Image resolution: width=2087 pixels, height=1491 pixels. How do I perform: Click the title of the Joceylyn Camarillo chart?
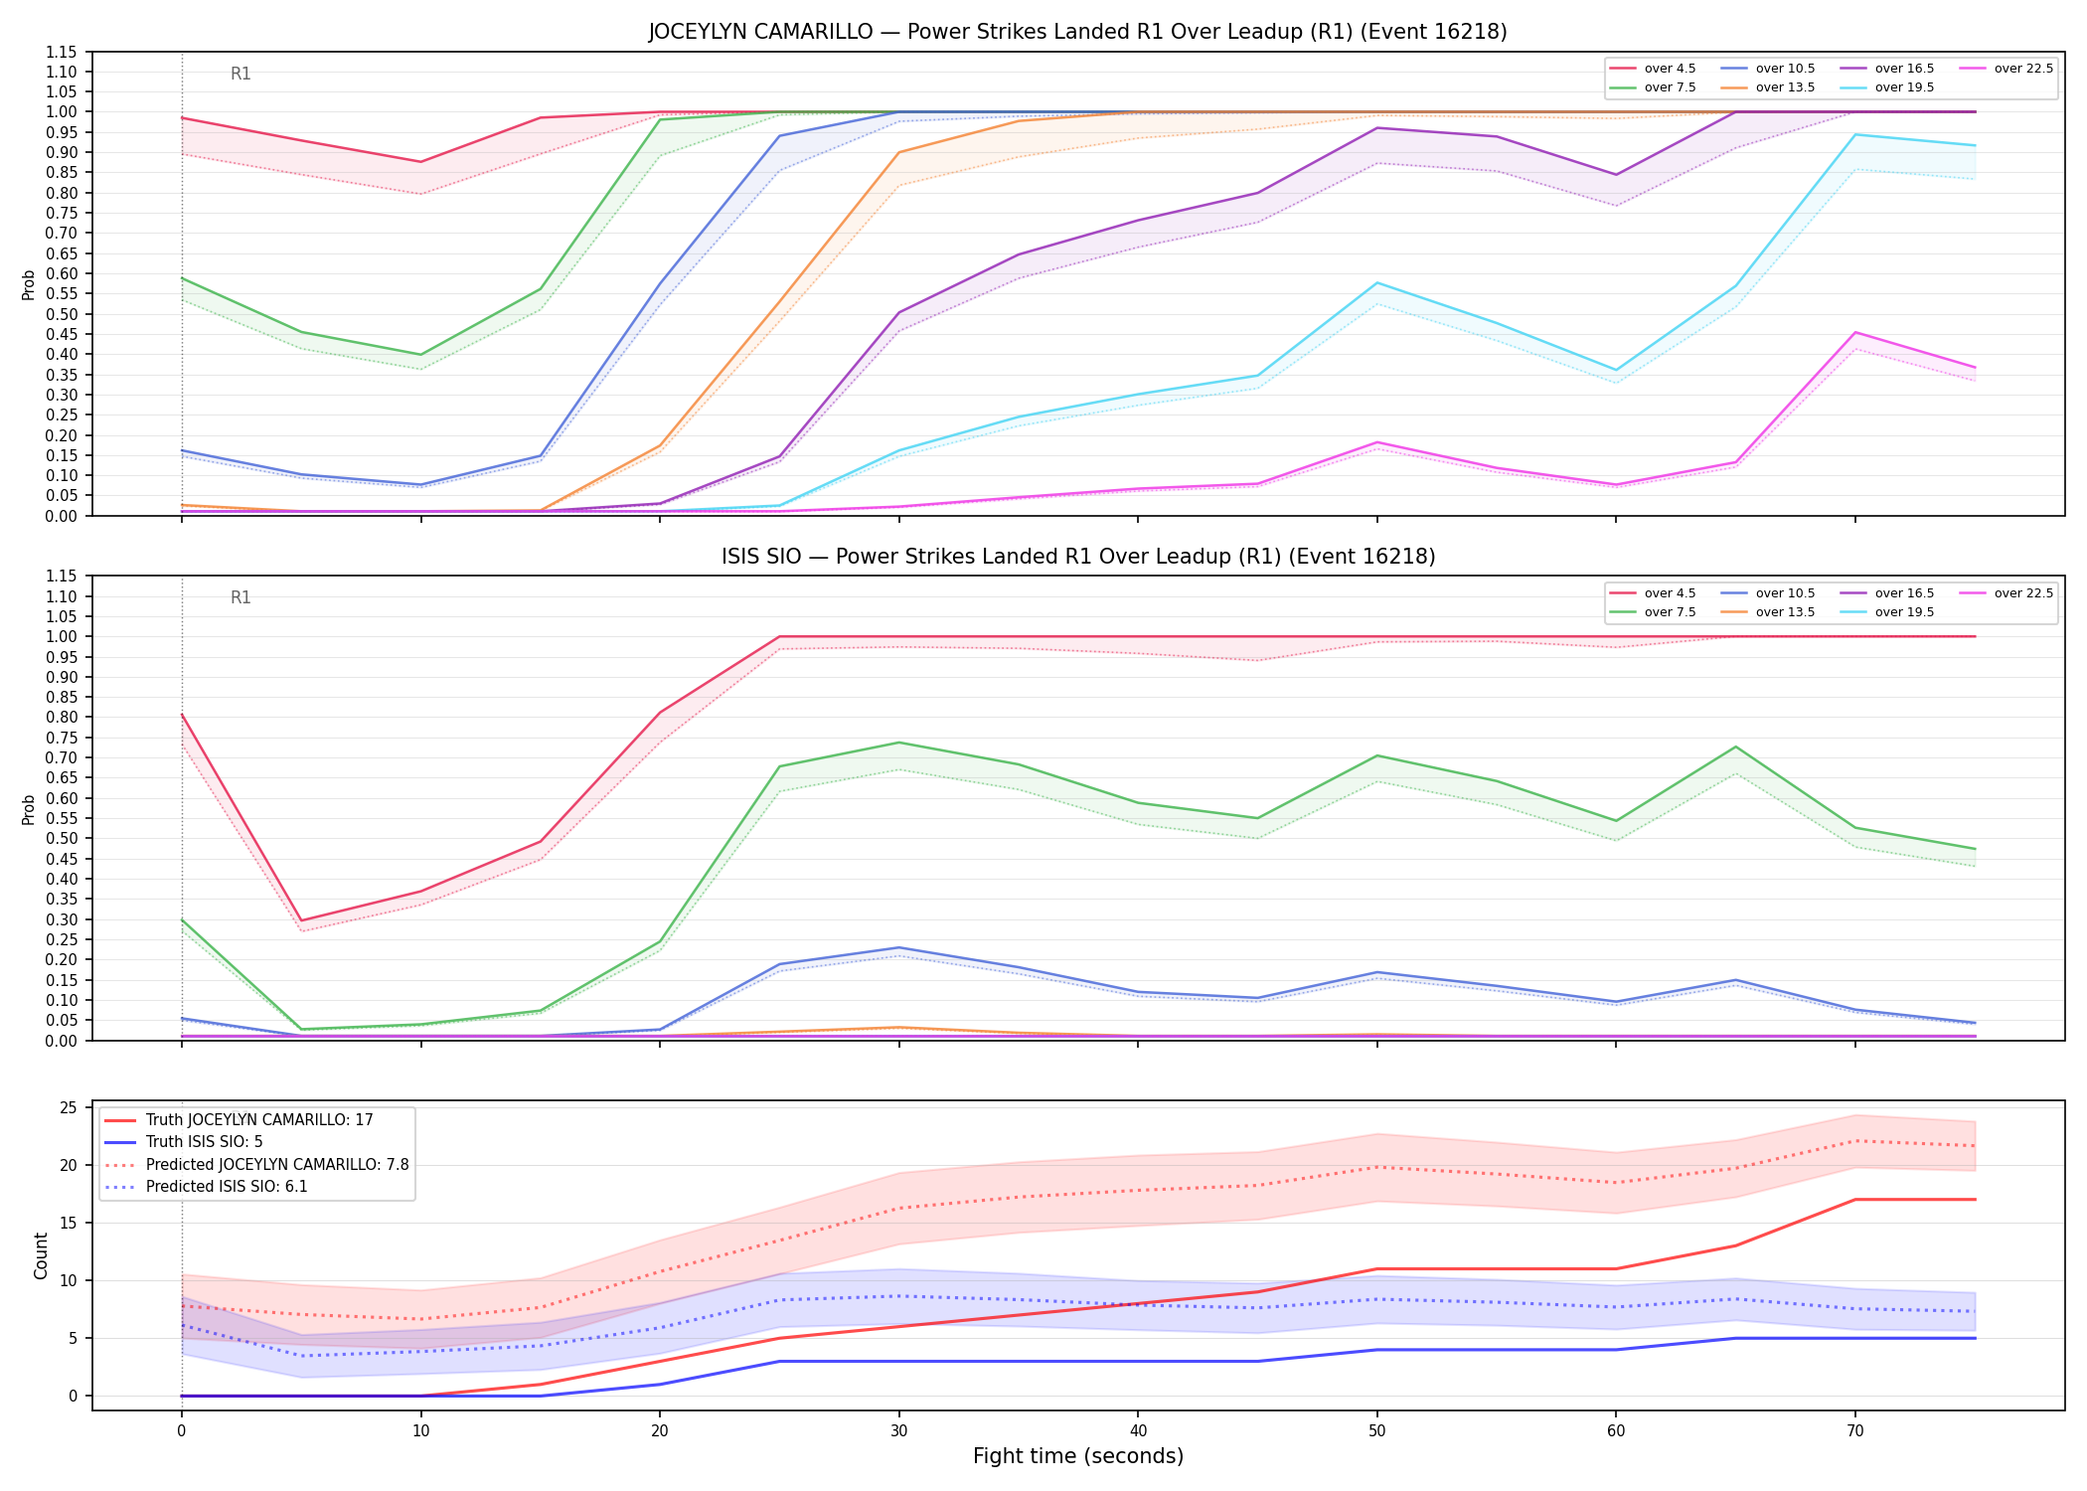[x=1078, y=32]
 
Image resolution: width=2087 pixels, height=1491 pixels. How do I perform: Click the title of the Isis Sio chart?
[x=1078, y=557]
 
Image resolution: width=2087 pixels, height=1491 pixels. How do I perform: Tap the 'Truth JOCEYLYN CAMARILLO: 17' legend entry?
[x=239, y=1120]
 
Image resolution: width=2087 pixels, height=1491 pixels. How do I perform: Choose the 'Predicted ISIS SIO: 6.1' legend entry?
[x=206, y=1187]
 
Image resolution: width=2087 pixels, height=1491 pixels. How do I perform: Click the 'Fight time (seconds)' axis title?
[x=1078, y=1456]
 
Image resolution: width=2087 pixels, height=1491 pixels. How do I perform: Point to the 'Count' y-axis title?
[x=41, y=1255]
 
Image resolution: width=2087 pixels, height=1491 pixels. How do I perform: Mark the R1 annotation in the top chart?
[x=241, y=74]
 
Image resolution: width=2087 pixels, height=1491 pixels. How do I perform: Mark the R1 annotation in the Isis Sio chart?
[x=241, y=597]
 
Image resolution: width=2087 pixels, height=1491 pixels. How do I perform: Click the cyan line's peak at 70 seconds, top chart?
[x=1855, y=134]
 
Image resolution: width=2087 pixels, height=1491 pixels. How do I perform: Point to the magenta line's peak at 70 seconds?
[x=1855, y=332]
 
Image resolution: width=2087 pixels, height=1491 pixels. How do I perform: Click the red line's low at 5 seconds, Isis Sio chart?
[x=301, y=920]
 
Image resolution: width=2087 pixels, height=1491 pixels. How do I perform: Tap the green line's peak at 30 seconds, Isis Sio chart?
[x=899, y=743]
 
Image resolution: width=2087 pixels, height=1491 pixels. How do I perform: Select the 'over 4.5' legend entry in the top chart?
[x=1654, y=69]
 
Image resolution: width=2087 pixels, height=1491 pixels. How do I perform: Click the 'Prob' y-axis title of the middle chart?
[x=29, y=809]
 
